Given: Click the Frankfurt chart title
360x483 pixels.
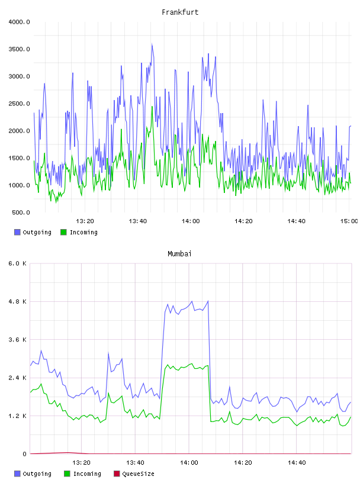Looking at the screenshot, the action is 180,12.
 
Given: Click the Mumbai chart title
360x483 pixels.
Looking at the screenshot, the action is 179,253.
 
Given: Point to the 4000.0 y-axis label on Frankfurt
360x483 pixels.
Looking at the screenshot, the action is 19,22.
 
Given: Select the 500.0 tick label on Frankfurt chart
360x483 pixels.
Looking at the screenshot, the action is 21,212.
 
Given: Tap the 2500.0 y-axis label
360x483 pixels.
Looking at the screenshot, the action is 19,104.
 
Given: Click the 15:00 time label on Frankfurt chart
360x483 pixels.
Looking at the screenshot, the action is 349,221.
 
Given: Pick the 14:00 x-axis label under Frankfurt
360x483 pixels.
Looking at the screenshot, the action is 191,221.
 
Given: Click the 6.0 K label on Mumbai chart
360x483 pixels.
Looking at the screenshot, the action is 18,263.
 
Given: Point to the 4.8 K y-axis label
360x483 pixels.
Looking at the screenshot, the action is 18,301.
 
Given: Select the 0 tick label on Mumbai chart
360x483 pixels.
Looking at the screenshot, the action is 24,454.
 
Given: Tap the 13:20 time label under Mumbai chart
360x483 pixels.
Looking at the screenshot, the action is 81,462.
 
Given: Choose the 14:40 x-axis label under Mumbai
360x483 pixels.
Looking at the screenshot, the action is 297,462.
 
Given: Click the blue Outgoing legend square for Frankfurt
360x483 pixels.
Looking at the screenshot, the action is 17,232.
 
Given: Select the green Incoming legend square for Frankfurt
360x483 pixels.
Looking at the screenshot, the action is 63,232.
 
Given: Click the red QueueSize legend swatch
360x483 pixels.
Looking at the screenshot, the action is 117,474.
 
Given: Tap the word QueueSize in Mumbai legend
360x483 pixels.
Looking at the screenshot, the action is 138,474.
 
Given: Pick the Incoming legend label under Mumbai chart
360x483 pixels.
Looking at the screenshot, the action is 87,474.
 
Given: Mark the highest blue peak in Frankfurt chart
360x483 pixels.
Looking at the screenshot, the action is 152,44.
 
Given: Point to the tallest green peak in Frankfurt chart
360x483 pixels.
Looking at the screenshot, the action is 152,107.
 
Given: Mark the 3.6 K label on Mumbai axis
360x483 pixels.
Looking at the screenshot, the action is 18,340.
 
